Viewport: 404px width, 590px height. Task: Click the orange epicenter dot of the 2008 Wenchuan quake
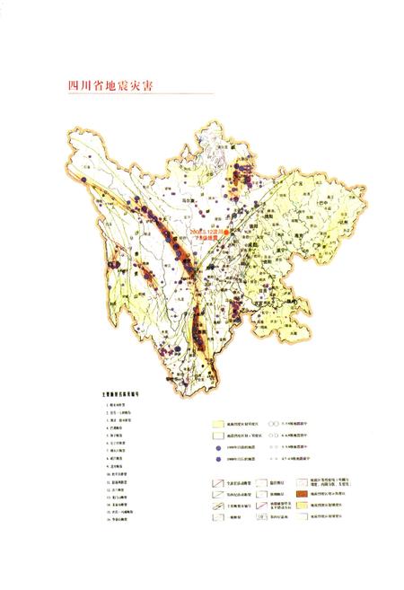coord(228,231)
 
